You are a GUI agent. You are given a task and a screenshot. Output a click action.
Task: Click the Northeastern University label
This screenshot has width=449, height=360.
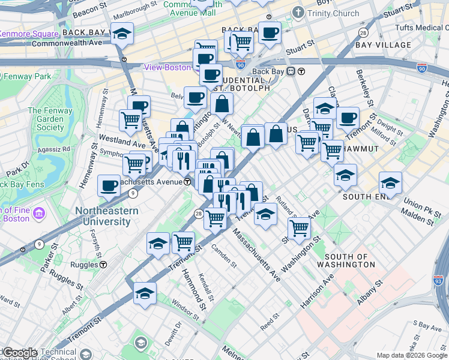107,216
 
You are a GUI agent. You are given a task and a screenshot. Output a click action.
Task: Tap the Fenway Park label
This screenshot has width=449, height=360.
26,77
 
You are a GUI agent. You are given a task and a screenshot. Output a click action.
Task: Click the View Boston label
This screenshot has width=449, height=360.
167,67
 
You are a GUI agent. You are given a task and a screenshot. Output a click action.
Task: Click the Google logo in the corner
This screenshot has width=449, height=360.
19,352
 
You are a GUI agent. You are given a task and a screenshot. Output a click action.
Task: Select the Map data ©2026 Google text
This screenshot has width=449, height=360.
411,355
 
